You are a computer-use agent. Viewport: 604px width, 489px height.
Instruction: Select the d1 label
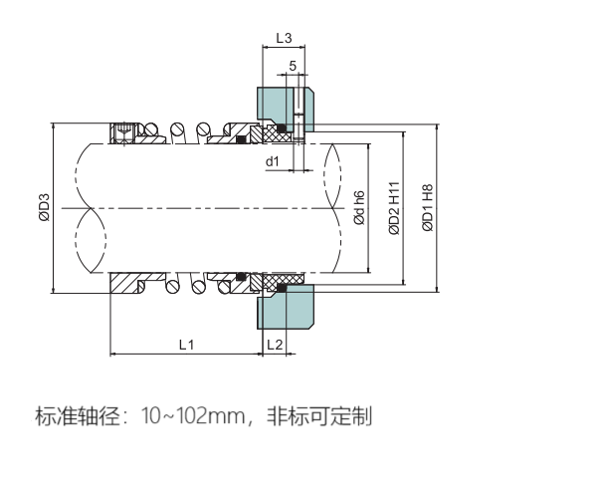coord(272,159)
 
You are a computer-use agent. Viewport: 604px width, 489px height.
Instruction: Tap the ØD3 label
coord(44,206)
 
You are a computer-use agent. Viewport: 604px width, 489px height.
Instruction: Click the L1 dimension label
coord(185,344)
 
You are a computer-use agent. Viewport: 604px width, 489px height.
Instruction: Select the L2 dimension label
coord(276,344)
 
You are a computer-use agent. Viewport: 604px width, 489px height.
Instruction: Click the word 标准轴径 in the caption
coord(74,415)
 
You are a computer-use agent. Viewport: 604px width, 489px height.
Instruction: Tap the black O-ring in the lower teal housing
coord(282,288)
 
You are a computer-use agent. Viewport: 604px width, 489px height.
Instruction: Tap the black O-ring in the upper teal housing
coord(282,127)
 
